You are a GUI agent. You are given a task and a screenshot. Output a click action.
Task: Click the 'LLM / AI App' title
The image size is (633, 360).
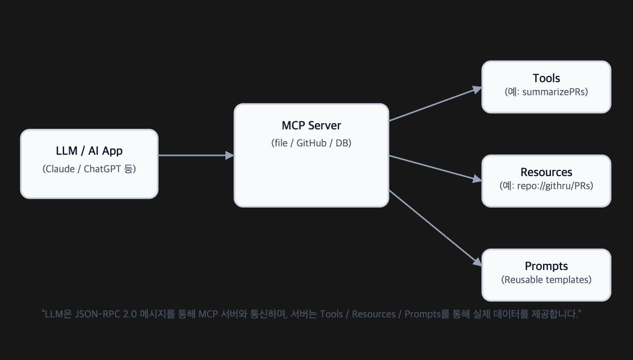(89, 151)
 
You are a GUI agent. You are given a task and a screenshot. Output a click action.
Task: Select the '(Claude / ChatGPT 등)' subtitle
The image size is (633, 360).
(89, 169)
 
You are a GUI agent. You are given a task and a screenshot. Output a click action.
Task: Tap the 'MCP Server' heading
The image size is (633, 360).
(311, 125)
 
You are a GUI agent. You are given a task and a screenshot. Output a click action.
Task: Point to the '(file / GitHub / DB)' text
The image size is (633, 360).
(311, 143)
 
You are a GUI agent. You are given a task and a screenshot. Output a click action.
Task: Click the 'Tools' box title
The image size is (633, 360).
(546, 78)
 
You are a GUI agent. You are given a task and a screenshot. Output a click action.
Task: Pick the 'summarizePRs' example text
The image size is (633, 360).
(553, 92)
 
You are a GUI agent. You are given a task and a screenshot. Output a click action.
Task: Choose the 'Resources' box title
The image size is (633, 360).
(546, 172)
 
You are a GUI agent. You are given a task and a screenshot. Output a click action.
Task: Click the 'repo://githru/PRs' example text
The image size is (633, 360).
(553, 186)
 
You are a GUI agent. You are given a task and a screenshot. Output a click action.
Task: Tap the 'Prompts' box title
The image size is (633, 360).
(546, 266)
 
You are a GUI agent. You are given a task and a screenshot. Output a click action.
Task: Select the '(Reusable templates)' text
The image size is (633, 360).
(546, 280)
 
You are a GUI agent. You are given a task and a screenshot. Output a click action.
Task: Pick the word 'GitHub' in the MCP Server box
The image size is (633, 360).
(313, 143)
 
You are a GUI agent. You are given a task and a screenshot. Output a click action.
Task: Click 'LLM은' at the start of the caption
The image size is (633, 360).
(58, 314)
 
